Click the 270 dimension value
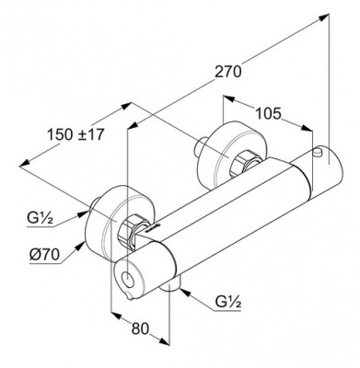(x=227, y=72)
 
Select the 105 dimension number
(x=268, y=114)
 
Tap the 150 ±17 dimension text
(x=75, y=134)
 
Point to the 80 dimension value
(x=140, y=328)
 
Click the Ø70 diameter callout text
(x=44, y=255)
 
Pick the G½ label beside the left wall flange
(x=40, y=219)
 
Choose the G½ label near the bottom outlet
(x=228, y=303)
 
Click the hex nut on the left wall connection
(x=130, y=231)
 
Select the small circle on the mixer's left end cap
(x=126, y=279)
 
